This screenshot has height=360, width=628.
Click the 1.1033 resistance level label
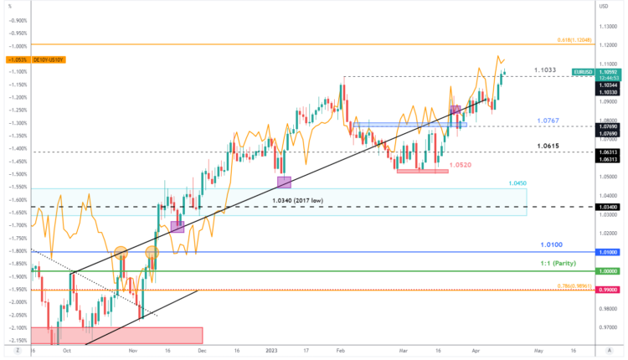pyautogui.click(x=545, y=69)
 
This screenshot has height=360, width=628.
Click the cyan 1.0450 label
pyautogui.click(x=518, y=183)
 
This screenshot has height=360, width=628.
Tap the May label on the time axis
pyautogui.click(x=538, y=351)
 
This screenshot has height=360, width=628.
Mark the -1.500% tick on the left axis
pyautogui.click(x=15, y=174)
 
